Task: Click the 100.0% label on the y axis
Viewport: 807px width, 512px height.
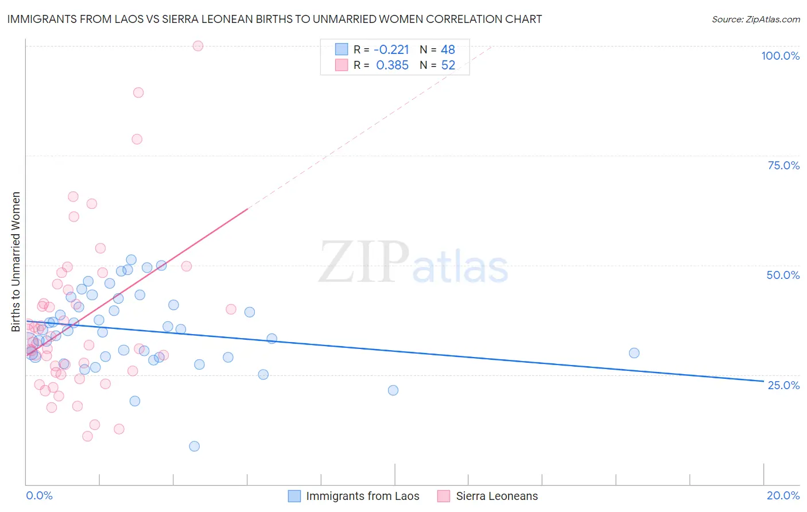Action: tap(780, 56)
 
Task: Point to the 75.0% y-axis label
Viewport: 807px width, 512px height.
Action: tap(783, 165)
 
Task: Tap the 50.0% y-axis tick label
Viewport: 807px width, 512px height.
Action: tap(783, 275)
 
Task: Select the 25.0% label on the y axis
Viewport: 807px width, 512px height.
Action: tap(783, 385)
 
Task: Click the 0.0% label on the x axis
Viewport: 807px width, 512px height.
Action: tap(39, 495)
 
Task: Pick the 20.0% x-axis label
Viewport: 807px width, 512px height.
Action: tap(783, 495)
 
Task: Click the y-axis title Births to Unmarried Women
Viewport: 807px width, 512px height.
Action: tap(16, 262)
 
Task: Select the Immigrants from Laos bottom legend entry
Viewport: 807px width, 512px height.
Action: tap(362, 496)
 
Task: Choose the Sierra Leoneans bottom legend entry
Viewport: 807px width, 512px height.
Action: tap(496, 496)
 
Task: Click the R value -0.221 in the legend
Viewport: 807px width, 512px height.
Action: tap(391, 50)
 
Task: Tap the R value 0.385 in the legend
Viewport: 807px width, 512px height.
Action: tap(392, 65)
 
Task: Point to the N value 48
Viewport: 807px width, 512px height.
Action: tap(448, 50)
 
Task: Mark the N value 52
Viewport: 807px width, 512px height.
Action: tap(448, 65)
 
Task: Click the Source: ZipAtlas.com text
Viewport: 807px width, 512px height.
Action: tap(755, 20)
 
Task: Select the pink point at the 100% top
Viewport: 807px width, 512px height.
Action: tap(198, 46)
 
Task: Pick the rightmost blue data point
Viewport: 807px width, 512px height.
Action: tap(634, 353)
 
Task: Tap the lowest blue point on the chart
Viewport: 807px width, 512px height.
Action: tap(195, 447)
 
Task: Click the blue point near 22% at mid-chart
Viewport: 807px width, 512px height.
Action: tap(393, 390)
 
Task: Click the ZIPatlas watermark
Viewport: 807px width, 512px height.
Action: tap(413, 263)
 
